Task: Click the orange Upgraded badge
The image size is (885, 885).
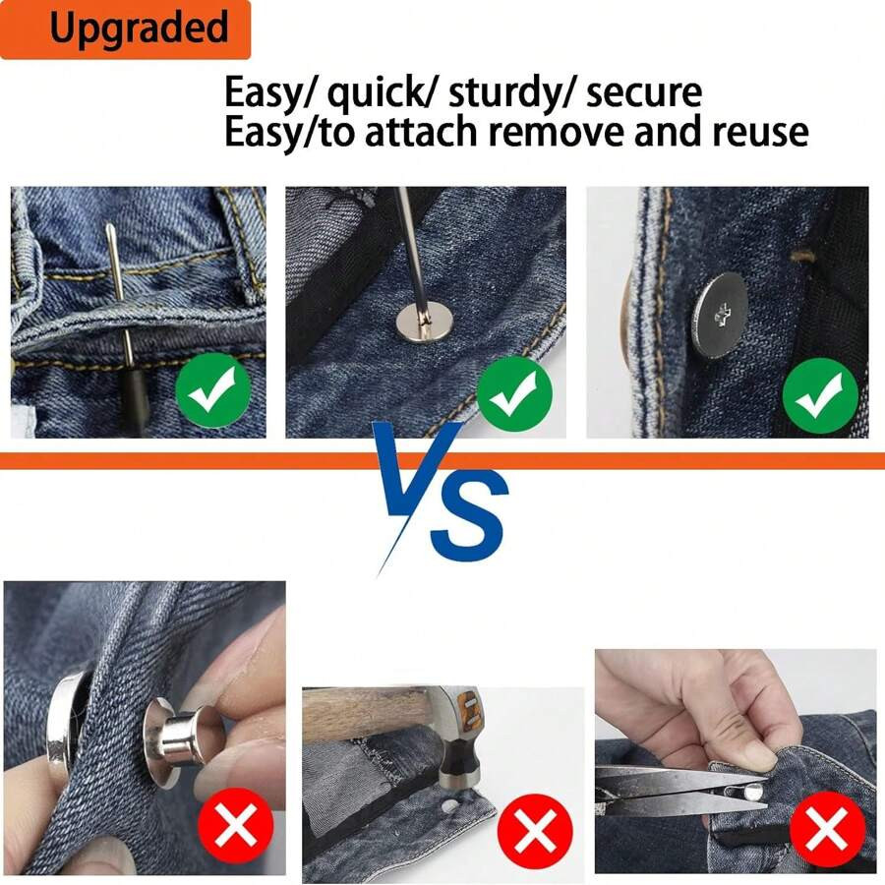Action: pos(125,29)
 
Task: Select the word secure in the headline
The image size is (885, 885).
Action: pos(644,93)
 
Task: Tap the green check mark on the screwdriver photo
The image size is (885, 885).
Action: pos(513,394)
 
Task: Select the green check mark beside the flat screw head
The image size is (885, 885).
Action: pos(819,396)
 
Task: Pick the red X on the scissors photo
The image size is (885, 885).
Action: pos(827,827)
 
